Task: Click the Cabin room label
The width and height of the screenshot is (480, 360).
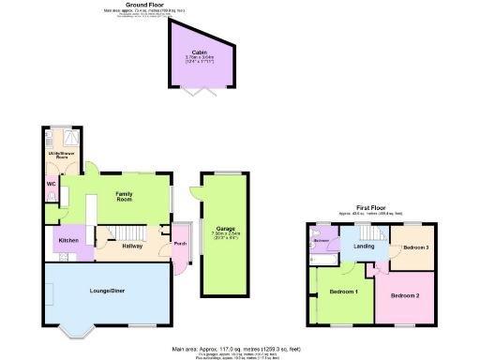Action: (x=199, y=52)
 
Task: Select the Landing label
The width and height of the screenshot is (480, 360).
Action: (x=364, y=247)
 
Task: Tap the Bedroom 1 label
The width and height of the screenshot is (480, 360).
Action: (x=344, y=292)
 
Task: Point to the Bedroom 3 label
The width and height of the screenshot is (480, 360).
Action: (x=415, y=247)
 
